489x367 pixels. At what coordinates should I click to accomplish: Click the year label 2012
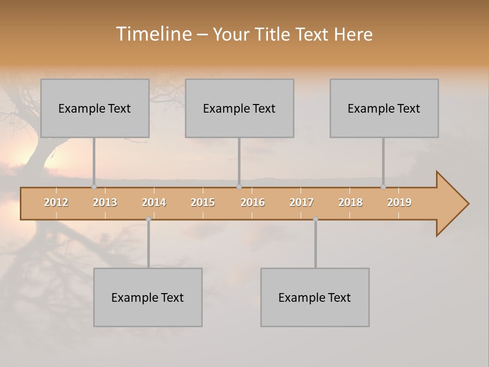[x=56, y=202]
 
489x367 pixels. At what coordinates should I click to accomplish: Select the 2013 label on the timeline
[x=105, y=202]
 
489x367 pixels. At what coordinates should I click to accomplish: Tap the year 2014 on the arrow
[x=154, y=202]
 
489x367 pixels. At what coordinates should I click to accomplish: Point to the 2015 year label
[x=203, y=202]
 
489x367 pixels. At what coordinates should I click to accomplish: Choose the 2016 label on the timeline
[x=253, y=202]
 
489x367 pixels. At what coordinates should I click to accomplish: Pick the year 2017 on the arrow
[x=302, y=202]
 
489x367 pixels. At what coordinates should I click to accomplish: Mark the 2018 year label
[x=350, y=202]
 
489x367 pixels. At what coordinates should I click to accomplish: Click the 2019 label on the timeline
[x=399, y=202]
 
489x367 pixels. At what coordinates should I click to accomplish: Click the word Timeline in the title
[x=153, y=34]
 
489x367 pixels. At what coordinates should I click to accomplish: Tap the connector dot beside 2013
[x=94, y=187]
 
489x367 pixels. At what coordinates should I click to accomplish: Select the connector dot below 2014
[x=148, y=219]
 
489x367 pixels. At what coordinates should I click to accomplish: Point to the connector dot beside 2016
[x=239, y=187]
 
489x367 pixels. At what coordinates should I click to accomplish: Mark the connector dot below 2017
[x=315, y=219]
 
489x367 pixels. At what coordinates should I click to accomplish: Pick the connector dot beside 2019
[x=383, y=187]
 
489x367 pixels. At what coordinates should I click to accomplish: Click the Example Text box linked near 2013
[x=95, y=109]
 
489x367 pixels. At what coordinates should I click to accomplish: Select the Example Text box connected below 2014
[x=148, y=298]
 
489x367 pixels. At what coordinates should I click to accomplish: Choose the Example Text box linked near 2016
[x=239, y=109]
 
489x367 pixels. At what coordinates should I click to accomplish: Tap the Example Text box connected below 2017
[x=315, y=298]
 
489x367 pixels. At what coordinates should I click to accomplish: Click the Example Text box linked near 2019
[x=384, y=109]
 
